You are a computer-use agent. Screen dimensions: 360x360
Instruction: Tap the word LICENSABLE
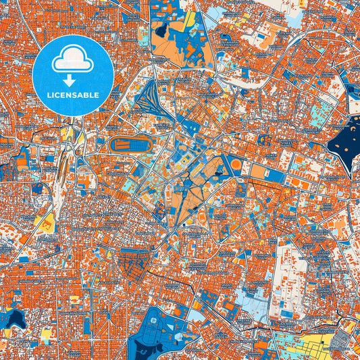click(x=72, y=95)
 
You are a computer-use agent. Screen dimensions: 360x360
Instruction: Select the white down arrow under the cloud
click(x=72, y=79)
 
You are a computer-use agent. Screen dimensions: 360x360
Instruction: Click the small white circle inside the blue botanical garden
click(x=156, y=319)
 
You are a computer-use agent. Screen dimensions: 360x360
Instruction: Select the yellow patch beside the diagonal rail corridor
click(x=48, y=223)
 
